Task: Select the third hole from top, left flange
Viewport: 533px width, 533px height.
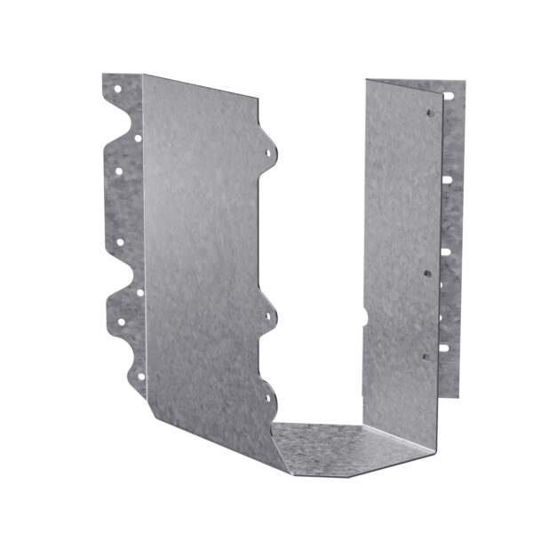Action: (x=118, y=171)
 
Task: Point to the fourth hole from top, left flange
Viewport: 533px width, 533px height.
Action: (x=119, y=241)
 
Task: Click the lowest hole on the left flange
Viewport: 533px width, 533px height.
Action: (x=140, y=376)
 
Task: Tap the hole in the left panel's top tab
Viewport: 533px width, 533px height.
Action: (x=267, y=152)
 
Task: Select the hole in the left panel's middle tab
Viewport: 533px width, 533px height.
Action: (x=267, y=314)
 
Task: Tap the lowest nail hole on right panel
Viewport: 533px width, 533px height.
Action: (x=425, y=357)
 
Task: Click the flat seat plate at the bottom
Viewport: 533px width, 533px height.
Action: (x=355, y=449)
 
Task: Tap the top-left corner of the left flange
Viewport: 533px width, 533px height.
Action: (x=103, y=76)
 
